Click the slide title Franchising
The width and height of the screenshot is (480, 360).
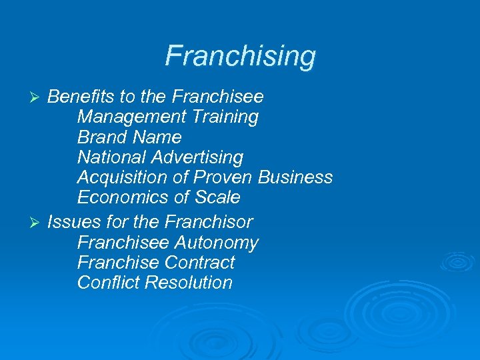[x=240, y=56]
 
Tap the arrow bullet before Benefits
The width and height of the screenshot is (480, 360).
[x=37, y=97]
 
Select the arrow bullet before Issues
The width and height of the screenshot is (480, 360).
[x=37, y=222]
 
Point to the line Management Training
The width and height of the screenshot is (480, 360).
[x=168, y=117]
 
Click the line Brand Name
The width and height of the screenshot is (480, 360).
[x=129, y=137]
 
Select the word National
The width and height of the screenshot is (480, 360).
[x=111, y=158]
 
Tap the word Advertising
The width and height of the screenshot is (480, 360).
[x=197, y=158]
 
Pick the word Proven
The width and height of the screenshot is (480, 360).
[x=216, y=178]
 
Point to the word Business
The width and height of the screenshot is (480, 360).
[x=295, y=178]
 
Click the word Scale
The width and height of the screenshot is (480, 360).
[x=217, y=198]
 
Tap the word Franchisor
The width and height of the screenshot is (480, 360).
[x=209, y=221]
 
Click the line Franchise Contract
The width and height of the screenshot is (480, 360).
[x=156, y=262]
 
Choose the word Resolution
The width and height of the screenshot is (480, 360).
[x=189, y=283]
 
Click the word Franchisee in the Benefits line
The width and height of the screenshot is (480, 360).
[x=217, y=97]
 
